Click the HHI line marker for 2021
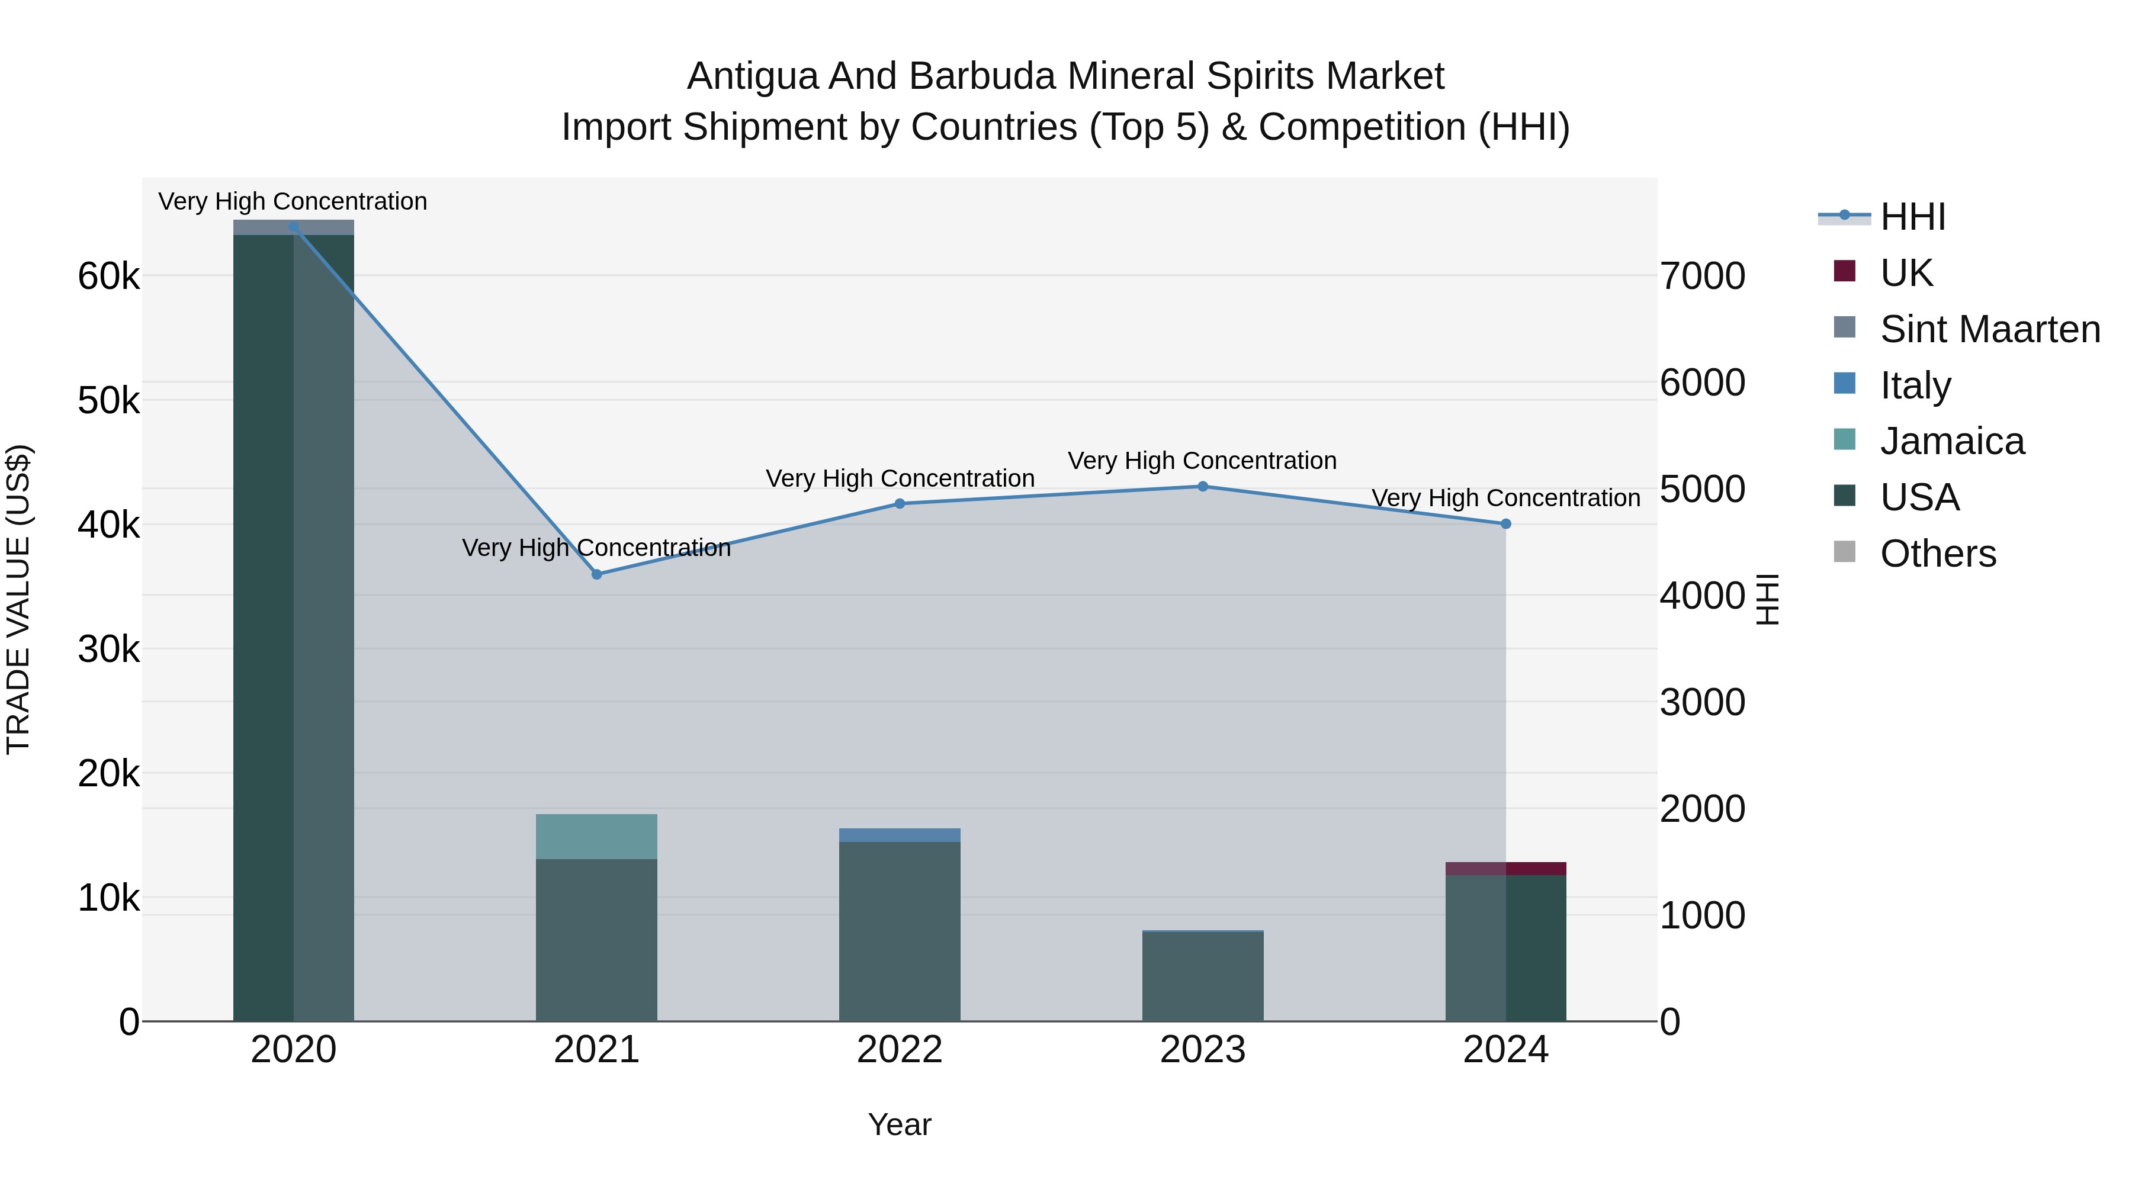tap(597, 574)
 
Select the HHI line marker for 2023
tap(1203, 487)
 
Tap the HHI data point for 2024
tap(1505, 524)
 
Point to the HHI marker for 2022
tap(900, 504)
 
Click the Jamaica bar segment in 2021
tap(597, 837)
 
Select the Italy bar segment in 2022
tap(900, 835)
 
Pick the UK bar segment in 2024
tap(1505, 869)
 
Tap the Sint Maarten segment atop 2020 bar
tap(294, 227)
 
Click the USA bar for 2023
tap(1203, 976)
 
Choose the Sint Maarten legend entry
tap(1990, 329)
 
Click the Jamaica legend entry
tap(1951, 441)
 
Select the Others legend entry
tap(1938, 554)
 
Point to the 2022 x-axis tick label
tap(900, 1050)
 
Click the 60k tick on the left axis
tap(108, 277)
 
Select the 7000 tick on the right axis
tap(1703, 277)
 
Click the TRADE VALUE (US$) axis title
tap(19, 599)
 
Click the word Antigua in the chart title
tap(752, 77)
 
